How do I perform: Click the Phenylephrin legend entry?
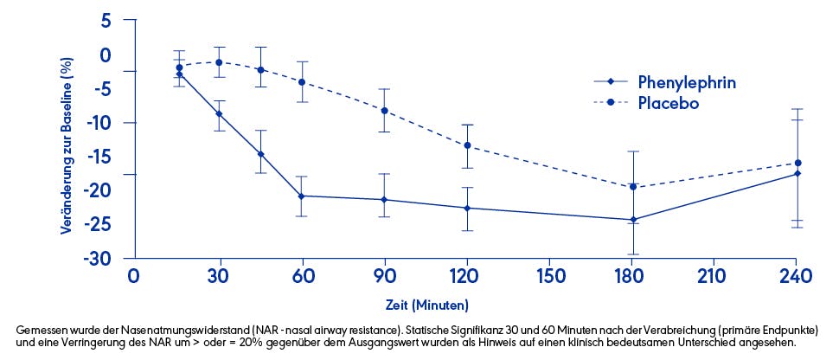click(x=687, y=82)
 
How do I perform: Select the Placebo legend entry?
click(x=668, y=102)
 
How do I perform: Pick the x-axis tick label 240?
click(x=795, y=277)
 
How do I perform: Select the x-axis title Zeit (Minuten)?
click(x=427, y=305)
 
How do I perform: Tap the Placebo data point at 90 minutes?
click(x=385, y=111)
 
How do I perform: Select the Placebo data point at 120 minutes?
click(x=468, y=145)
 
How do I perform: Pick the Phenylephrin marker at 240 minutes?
click(x=797, y=174)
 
